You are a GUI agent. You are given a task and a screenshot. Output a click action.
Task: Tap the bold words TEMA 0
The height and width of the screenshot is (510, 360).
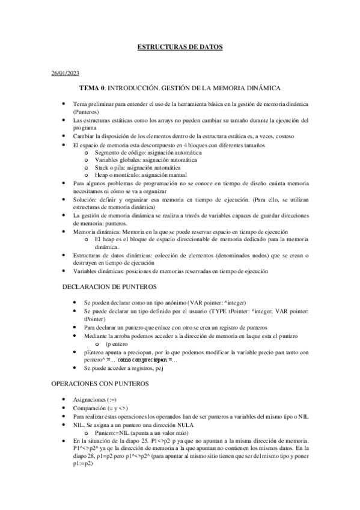[93, 88]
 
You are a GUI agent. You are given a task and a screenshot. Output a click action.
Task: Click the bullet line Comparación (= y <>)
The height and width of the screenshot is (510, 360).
[96, 407]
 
